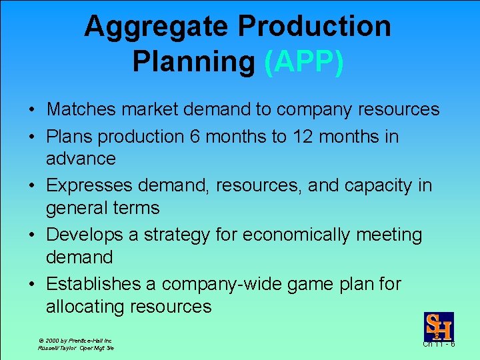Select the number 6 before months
(195, 137)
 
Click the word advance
(81, 159)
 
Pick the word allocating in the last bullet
(86, 307)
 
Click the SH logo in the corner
(439, 327)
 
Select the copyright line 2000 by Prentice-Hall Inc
(75, 341)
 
